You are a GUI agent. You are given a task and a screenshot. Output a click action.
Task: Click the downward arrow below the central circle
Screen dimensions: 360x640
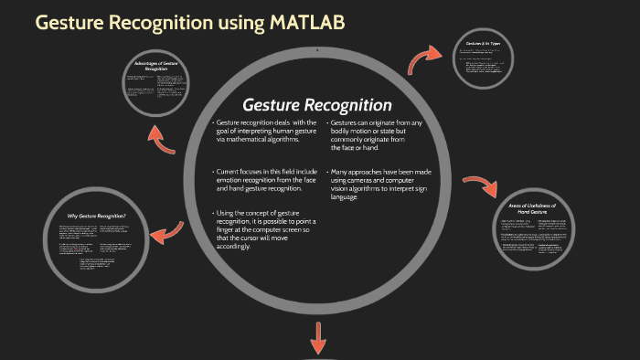point(319,339)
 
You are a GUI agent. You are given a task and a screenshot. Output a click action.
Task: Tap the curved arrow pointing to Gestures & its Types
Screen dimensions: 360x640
point(426,61)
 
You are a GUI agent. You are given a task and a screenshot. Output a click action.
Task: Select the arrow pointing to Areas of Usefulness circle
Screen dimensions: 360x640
point(478,182)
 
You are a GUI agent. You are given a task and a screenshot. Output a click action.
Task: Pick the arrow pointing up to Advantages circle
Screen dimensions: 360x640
point(165,137)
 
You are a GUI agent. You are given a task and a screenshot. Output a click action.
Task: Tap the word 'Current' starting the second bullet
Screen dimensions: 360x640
point(231,171)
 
